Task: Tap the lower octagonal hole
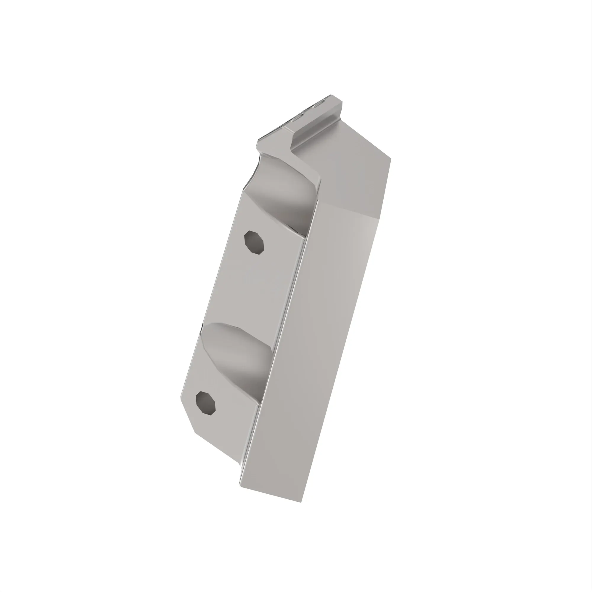coord(206,403)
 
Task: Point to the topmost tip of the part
coord(331,95)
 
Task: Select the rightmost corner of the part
coord(391,159)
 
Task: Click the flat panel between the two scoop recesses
coord(260,285)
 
